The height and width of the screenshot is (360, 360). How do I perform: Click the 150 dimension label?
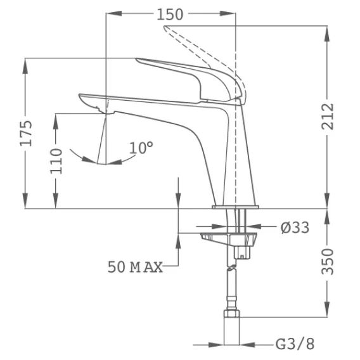click(x=170, y=15)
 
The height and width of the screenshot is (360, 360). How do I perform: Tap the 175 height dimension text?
click(x=26, y=133)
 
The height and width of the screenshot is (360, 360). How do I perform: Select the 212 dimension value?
click(x=327, y=117)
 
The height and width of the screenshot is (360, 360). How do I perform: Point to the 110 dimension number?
click(x=56, y=161)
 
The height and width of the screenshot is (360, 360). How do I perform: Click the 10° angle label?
click(x=141, y=148)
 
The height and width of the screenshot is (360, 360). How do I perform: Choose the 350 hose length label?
click(x=327, y=262)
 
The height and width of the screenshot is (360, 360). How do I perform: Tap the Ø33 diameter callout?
click(x=295, y=228)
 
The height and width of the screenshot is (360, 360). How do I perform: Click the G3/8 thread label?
click(x=295, y=344)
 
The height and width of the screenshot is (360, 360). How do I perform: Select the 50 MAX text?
click(x=135, y=267)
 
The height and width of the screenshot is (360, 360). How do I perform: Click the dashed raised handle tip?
click(x=165, y=27)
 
